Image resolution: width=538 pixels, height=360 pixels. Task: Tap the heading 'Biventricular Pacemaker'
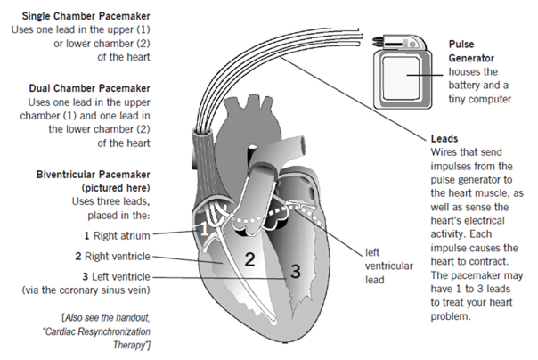(92, 175)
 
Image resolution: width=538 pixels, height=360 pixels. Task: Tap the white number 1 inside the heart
(202, 229)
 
